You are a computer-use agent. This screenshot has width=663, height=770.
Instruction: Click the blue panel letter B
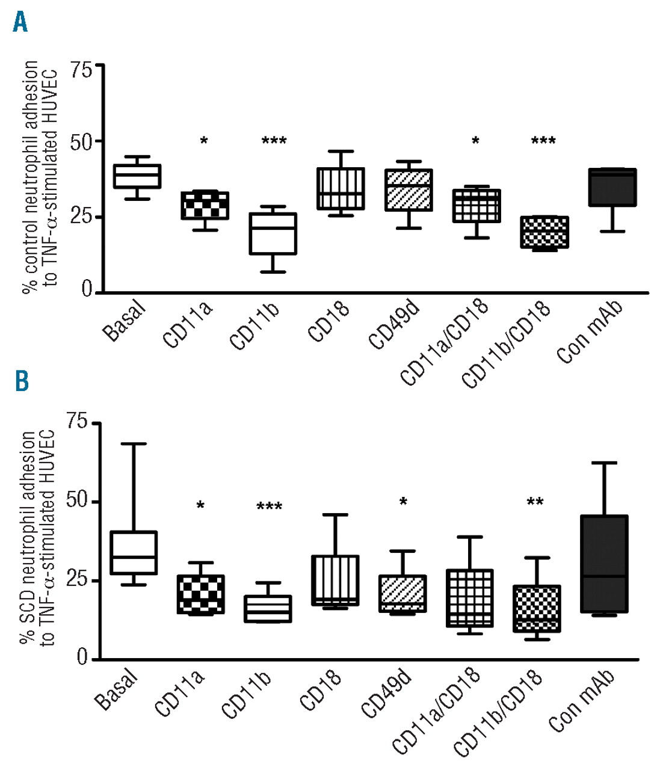pos(22,381)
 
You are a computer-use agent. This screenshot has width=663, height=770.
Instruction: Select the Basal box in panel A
pos(138,176)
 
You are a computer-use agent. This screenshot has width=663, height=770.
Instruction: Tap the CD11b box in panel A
pos(273,233)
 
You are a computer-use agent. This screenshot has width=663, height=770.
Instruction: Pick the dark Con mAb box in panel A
pos(613,187)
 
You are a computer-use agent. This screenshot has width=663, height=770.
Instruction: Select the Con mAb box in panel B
pos(605,564)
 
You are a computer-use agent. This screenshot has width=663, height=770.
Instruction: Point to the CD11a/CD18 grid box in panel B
pos(470,598)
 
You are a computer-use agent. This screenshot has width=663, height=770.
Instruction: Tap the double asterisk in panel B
pos(535,502)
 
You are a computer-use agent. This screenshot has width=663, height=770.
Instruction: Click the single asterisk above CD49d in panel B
pos(403,502)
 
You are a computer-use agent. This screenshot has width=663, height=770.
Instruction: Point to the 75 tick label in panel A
pos(81,70)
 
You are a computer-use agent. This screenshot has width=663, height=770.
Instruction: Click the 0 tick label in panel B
pos(82,658)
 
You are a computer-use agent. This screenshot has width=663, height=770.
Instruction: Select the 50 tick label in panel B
pos(78,500)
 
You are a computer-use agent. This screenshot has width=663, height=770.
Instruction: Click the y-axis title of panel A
pos(40,176)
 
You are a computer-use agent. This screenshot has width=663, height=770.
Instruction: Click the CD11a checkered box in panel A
pos(205,206)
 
